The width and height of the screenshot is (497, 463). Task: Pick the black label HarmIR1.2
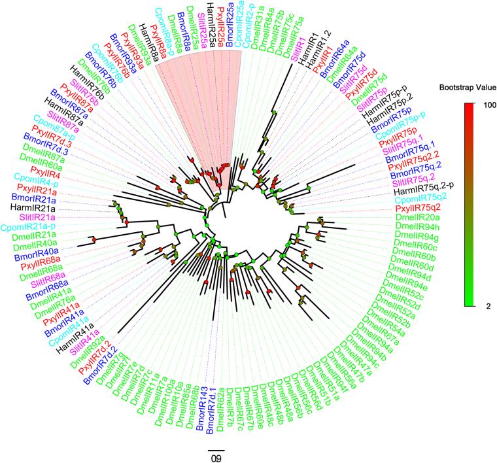click(x=315, y=51)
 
